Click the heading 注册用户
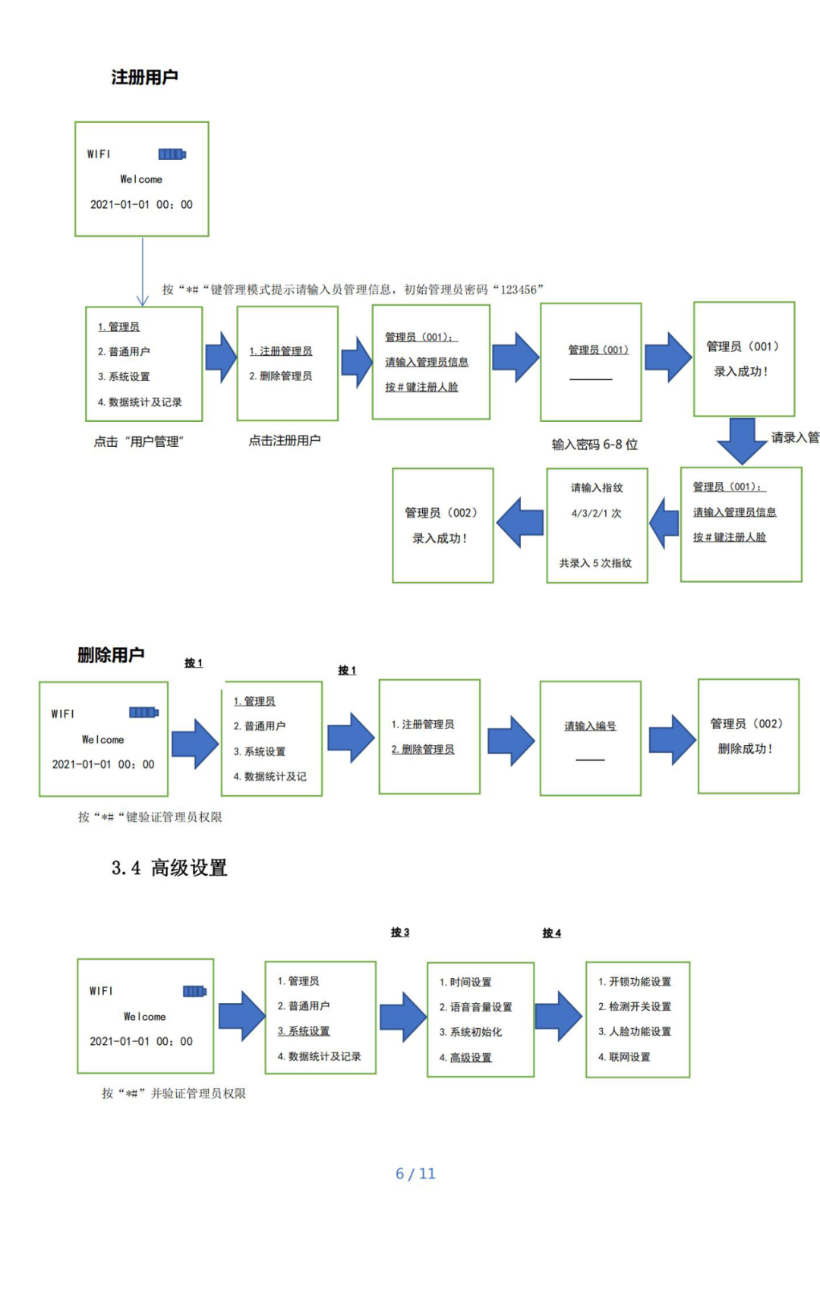pos(144,77)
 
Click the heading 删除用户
pos(111,655)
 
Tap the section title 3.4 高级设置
pos(169,867)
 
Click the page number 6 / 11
pos(415,1173)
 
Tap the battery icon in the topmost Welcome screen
pos(172,154)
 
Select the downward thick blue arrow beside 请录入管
pos(742,440)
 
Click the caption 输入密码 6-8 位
pos(594,445)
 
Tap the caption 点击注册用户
pos(285,440)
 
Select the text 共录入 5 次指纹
pos(595,563)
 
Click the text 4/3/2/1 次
pos(596,514)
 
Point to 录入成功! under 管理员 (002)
pos(440,538)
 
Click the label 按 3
pos(400,933)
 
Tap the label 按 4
pos(552,933)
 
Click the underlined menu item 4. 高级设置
pos(465,1057)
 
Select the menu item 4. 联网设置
pos(624,1057)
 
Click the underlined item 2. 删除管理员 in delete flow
pos(423,750)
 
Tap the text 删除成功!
pos(746,749)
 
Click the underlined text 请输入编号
pos(590,726)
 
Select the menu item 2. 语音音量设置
pos(476,1007)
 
